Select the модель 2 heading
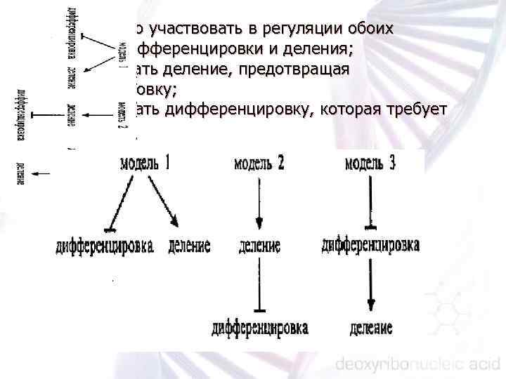pyautogui.click(x=259, y=164)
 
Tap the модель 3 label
pyautogui.click(x=370, y=163)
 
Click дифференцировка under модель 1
pyautogui.click(x=106, y=246)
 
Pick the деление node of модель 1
pyautogui.click(x=189, y=246)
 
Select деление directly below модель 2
pyautogui.click(x=259, y=246)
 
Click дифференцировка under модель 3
pyautogui.click(x=371, y=246)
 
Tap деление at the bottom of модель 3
pyautogui.click(x=370, y=328)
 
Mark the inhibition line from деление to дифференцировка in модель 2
pyautogui.click(x=259, y=284)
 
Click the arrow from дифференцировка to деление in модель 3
pyautogui.click(x=370, y=284)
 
